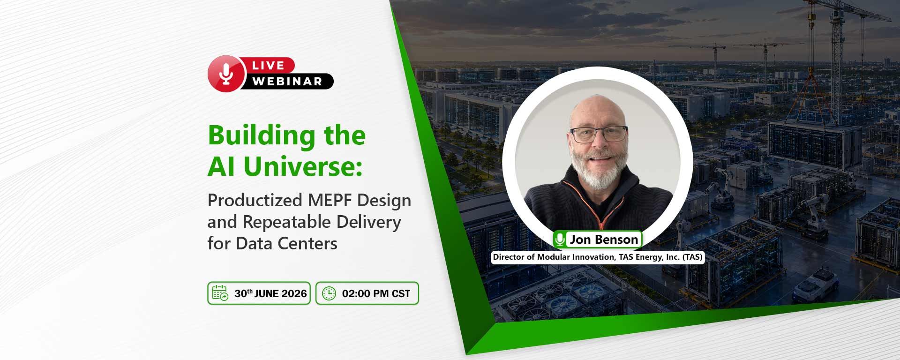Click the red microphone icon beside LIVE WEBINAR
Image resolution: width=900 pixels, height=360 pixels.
tap(226, 74)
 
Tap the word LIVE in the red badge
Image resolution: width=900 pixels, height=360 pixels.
tap(268, 66)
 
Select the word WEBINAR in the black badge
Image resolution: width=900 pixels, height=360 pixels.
tap(287, 82)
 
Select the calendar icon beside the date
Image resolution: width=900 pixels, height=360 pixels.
tap(220, 293)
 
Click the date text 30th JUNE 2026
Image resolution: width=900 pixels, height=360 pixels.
tap(270, 293)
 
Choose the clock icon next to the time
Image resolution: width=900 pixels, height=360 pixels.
tap(329, 293)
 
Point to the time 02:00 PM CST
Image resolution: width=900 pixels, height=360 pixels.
tap(376, 294)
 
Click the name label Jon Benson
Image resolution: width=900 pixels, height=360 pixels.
tap(604, 240)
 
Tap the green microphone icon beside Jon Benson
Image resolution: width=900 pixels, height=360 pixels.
tap(560, 240)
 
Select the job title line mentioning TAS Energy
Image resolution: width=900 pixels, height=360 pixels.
tap(598, 257)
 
